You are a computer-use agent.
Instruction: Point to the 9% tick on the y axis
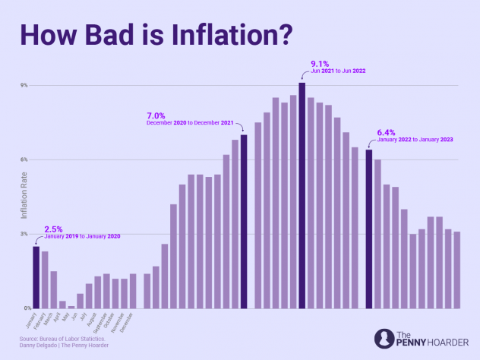(x=24, y=85)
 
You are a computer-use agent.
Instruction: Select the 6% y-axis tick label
(x=24, y=159)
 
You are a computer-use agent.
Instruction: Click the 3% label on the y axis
(x=24, y=234)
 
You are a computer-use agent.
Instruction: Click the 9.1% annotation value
(x=320, y=63)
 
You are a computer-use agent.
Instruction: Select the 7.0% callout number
(x=156, y=116)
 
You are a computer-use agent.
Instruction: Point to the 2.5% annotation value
(x=53, y=229)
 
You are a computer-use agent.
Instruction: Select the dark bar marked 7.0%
(x=244, y=221)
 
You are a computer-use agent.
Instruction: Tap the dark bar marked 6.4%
(x=369, y=229)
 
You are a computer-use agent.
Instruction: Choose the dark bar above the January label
(x=36, y=277)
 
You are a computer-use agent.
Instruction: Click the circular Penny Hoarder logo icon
(x=384, y=339)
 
